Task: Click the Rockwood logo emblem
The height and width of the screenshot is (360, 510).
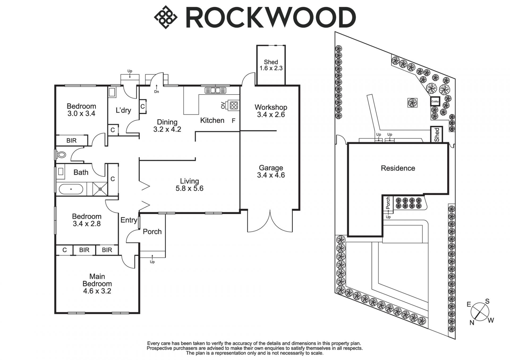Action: (x=165, y=17)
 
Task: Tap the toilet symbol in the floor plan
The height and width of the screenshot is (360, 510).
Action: (x=61, y=155)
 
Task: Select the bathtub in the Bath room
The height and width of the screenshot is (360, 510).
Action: (x=71, y=189)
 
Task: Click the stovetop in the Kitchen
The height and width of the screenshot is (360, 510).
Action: (x=234, y=105)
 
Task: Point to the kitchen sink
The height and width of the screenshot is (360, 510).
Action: (x=215, y=91)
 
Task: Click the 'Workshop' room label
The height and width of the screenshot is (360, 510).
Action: (x=271, y=107)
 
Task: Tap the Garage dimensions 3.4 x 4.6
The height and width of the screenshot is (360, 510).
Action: (x=271, y=175)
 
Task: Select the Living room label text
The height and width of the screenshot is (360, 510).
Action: (x=189, y=181)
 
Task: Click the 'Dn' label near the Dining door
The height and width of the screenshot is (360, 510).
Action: (x=156, y=92)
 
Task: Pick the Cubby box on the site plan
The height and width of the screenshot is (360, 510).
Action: (x=435, y=101)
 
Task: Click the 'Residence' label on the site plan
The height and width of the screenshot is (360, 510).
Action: (x=398, y=168)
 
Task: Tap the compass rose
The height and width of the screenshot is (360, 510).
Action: (x=480, y=312)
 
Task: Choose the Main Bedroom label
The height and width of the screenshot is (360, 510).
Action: (x=97, y=280)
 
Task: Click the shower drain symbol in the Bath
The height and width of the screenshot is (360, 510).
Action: (x=100, y=189)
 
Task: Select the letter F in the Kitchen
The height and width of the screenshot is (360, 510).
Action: (x=233, y=121)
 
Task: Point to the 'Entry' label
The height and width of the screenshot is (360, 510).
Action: (x=129, y=220)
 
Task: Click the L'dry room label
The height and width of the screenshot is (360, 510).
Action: (x=123, y=110)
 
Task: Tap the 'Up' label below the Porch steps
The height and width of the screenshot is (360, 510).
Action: (x=152, y=262)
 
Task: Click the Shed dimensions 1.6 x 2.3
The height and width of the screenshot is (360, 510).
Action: (x=271, y=68)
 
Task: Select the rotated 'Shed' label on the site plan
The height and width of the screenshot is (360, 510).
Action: (x=437, y=135)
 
